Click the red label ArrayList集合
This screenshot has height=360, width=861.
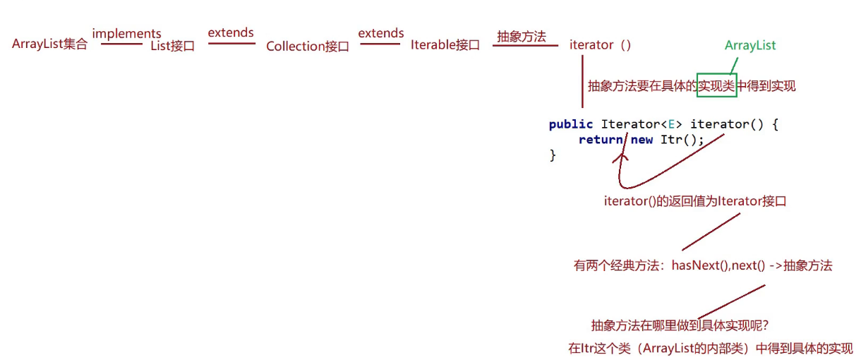[x=50, y=44]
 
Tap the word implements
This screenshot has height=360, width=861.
[x=126, y=33]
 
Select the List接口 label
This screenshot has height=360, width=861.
[x=173, y=46]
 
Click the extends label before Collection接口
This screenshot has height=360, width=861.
[x=231, y=32]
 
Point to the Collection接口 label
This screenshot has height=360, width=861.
[x=308, y=46]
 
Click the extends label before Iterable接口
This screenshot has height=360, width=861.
[x=381, y=33]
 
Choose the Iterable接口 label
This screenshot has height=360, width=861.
[x=445, y=44]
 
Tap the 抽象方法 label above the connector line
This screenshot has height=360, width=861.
[x=522, y=37]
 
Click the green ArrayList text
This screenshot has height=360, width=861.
[x=750, y=45]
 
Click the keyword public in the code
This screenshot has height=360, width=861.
[x=571, y=124]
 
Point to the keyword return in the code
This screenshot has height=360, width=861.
[x=601, y=140]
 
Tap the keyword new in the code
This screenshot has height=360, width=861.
[x=642, y=140]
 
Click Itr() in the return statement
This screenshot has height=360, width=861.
[x=678, y=140]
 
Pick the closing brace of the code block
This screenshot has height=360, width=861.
[x=553, y=155]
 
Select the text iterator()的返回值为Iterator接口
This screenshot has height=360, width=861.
[x=695, y=201]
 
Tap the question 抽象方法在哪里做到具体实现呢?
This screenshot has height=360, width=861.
[x=680, y=326]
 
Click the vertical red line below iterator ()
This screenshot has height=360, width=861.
[x=582, y=82]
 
